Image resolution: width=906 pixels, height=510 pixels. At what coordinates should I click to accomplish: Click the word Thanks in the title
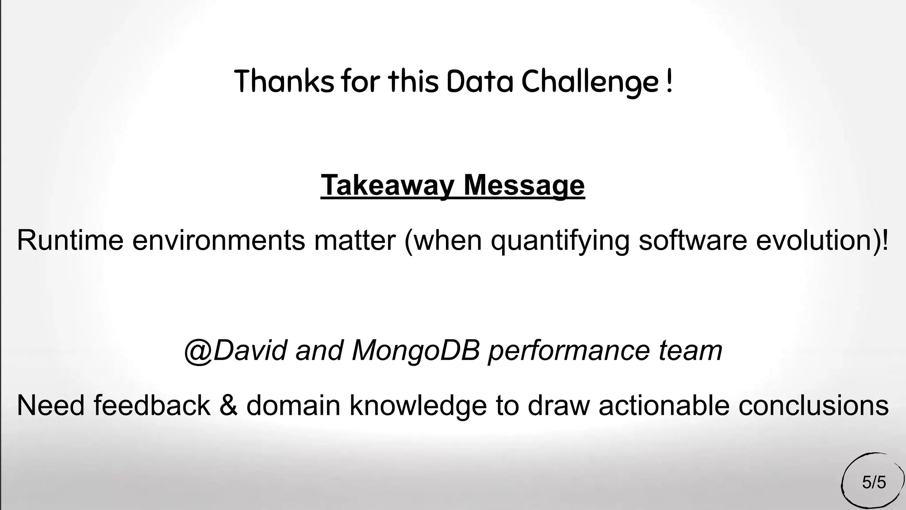(284, 81)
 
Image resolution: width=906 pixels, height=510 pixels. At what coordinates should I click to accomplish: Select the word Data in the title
(480, 81)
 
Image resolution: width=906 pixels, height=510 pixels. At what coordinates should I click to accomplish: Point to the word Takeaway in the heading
(387, 185)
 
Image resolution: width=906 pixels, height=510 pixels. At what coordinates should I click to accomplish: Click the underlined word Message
(524, 185)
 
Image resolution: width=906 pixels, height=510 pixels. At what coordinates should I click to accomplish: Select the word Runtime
(70, 240)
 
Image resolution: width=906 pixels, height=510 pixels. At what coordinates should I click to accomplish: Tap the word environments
(219, 240)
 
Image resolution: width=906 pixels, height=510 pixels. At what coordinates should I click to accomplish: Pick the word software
(692, 240)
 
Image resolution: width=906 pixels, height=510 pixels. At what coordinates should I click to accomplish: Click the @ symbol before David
(198, 351)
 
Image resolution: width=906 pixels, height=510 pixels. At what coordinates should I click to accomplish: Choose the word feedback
(152, 405)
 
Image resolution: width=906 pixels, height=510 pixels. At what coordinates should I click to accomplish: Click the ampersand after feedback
(228, 405)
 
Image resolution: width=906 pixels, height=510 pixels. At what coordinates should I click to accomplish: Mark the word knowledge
(418, 406)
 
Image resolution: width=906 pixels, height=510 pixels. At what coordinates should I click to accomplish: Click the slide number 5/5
(874, 482)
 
